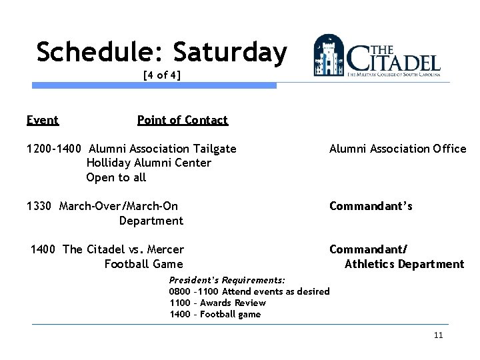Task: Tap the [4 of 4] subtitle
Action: pyautogui.click(x=162, y=75)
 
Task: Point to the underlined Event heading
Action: pyautogui.click(x=43, y=120)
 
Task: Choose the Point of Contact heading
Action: pyautogui.click(x=182, y=120)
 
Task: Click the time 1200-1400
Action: pyautogui.click(x=55, y=149)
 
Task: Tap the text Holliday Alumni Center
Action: pyautogui.click(x=149, y=163)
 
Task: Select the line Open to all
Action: pyautogui.click(x=116, y=177)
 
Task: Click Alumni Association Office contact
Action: pyautogui.click(x=397, y=149)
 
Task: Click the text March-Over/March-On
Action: pyautogui.click(x=119, y=206)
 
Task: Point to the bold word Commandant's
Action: pyautogui.click(x=371, y=206)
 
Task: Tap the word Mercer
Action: pyautogui.click(x=165, y=249)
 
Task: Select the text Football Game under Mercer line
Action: pyautogui.click(x=143, y=264)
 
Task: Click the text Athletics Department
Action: pyautogui.click(x=404, y=264)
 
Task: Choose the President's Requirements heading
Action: pyautogui.click(x=227, y=280)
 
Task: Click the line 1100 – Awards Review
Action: pyautogui.click(x=217, y=303)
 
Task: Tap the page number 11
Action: pyautogui.click(x=438, y=335)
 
